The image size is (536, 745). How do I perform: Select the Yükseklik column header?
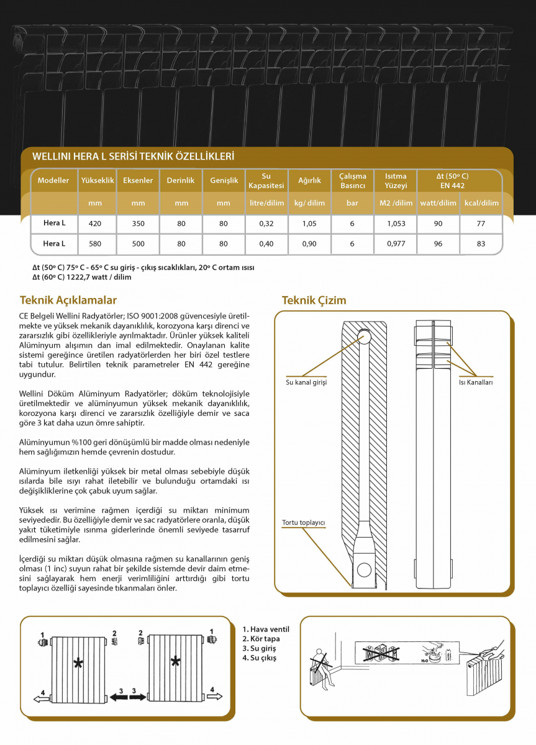[x=97, y=181]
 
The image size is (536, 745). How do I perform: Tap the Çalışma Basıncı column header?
[x=352, y=181]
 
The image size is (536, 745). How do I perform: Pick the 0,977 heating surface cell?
[x=396, y=244]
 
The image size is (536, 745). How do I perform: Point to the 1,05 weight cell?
[x=309, y=223]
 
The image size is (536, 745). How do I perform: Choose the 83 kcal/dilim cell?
[x=481, y=244]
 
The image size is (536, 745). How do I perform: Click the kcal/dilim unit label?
[x=481, y=203]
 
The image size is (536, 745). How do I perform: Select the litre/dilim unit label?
[x=266, y=203]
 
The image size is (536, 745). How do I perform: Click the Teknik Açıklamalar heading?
[x=68, y=300]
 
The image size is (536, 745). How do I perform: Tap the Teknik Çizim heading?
[x=314, y=300]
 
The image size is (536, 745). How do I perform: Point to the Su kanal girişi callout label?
[x=306, y=382]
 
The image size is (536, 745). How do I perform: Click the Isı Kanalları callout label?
[x=475, y=382]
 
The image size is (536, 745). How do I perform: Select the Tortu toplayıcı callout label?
[x=304, y=522]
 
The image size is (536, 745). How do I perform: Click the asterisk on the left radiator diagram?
[x=78, y=664]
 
